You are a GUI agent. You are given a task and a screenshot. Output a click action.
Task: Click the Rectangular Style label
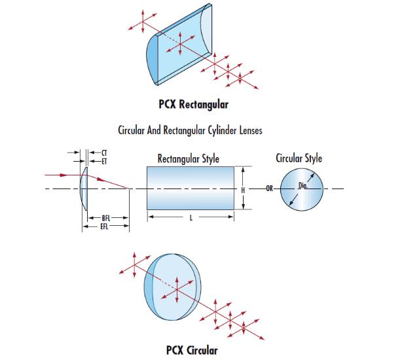(x=188, y=158)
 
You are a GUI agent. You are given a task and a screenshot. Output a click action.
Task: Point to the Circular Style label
(x=299, y=158)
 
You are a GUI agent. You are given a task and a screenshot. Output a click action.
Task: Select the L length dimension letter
(x=191, y=219)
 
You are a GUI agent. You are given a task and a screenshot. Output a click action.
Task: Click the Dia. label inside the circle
(x=303, y=186)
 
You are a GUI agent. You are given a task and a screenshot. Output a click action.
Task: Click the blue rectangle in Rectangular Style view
(x=191, y=188)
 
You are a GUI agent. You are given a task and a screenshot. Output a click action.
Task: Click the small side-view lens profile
(x=83, y=189)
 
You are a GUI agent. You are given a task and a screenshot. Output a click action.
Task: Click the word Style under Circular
(x=311, y=158)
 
